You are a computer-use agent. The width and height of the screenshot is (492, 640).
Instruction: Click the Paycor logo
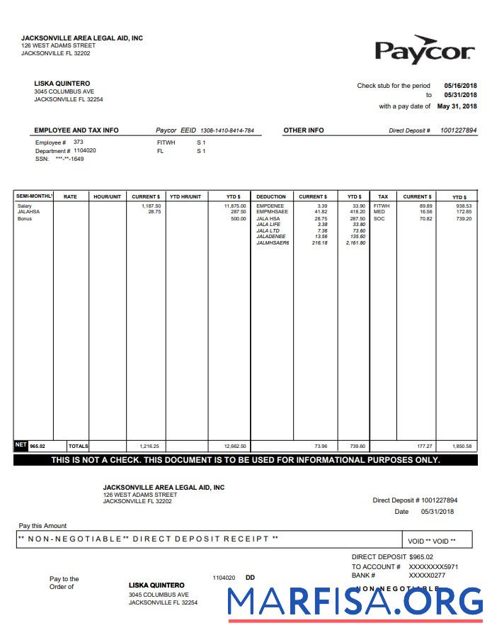point(424,50)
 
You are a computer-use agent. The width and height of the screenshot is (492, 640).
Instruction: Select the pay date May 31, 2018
point(457,106)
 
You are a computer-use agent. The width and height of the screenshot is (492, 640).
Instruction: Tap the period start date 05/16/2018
point(460,85)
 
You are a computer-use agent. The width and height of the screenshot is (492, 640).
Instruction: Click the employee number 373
point(79,142)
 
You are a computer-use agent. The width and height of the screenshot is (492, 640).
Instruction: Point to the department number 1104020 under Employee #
point(85,150)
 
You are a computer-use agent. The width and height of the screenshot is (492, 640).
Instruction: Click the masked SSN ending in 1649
point(69,159)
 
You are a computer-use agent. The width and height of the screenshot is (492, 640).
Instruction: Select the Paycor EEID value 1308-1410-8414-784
point(227,130)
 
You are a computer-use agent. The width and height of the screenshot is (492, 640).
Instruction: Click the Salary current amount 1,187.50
point(151,206)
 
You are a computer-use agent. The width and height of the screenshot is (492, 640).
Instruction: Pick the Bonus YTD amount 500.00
point(238,218)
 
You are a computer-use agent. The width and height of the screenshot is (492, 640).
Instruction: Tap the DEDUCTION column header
point(271,196)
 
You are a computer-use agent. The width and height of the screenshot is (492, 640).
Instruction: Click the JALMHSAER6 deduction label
point(273,243)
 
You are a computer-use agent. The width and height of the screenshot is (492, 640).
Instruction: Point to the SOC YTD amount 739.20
point(463,218)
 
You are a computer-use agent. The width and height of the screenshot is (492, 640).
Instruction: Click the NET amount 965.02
point(37,446)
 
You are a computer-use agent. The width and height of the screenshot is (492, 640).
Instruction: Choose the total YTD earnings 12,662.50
point(235,447)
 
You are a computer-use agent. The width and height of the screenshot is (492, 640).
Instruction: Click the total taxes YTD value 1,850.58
point(462,447)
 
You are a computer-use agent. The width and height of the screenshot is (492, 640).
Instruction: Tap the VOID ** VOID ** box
point(432,541)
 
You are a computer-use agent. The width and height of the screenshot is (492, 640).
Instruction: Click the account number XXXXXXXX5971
point(433,566)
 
